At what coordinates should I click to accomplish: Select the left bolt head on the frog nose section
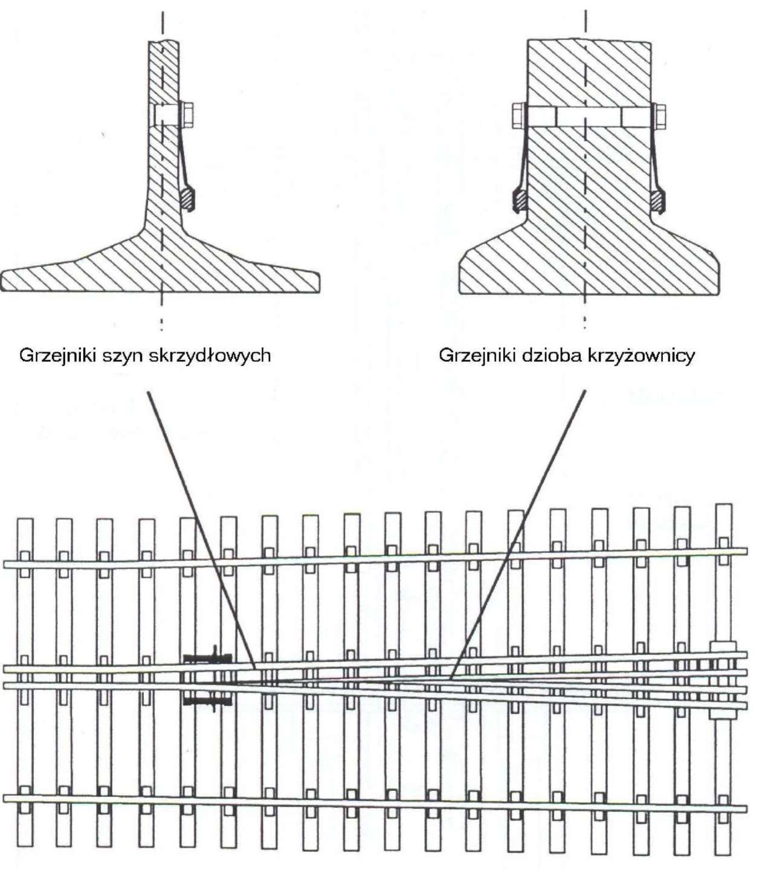tap(518, 115)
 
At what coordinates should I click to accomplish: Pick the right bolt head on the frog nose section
tap(659, 115)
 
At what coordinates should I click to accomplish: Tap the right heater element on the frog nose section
tap(657, 199)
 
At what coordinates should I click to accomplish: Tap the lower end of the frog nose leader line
tap(451, 679)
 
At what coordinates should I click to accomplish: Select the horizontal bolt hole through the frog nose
tap(589, 116)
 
